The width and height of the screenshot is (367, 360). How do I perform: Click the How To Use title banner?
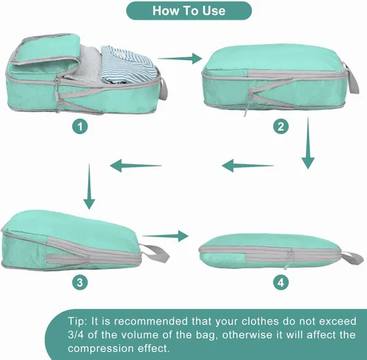(189, 11)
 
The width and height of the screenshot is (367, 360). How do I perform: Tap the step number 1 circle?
(80, 127)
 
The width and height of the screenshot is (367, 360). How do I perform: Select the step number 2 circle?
(281, 127)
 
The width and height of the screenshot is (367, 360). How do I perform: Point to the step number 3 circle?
(80, 282)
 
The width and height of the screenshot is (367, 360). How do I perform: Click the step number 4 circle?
(281, 282)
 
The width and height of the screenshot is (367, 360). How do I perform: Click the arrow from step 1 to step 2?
(180, 59)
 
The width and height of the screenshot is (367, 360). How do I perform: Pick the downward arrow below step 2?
(308, 143)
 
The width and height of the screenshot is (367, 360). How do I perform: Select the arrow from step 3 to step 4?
(165, 236)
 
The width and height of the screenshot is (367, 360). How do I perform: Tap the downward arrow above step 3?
(89, 186)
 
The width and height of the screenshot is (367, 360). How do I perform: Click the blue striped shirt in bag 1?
(128, 64)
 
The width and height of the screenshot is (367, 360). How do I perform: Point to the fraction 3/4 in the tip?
(76, 334)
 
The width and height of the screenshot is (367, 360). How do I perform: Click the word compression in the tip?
(100, 348)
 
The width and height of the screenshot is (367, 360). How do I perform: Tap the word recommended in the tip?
(150, 321)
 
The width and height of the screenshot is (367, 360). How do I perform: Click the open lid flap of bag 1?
(46, 50)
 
